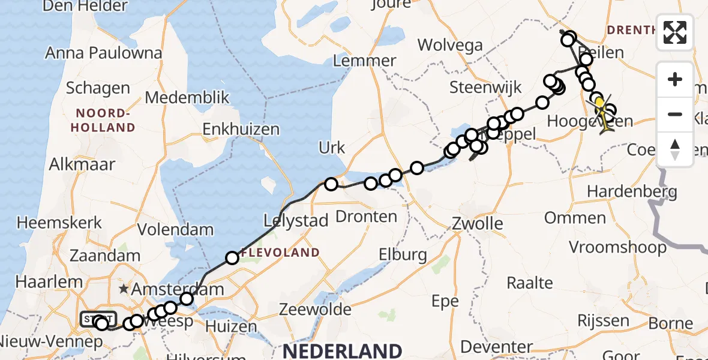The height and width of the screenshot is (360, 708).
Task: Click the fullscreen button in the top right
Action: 675,32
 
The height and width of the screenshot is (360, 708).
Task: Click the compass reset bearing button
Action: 675,149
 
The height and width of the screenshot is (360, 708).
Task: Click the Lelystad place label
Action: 296,221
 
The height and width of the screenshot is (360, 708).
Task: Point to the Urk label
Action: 331,148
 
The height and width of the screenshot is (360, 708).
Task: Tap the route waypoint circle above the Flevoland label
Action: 232,259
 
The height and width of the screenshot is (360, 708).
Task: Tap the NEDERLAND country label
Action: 343,350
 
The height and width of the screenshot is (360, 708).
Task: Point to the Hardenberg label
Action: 632,192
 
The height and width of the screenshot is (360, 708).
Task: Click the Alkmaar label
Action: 82,164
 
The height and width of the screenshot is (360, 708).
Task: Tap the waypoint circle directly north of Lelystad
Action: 331,184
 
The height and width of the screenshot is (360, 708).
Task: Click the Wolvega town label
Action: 450,44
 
